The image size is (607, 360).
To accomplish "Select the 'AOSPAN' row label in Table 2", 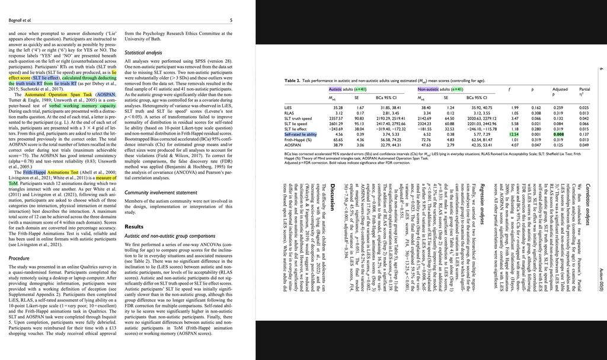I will (x=293, y=145).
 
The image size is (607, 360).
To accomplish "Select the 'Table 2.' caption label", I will (x=295, y=80).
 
